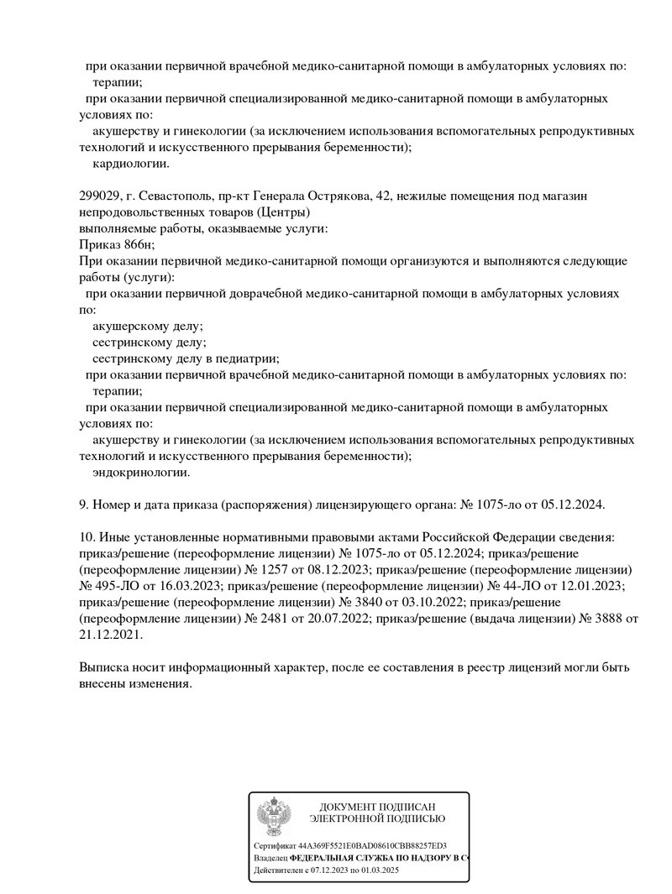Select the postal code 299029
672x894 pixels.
[98, 196]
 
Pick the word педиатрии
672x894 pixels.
[244, 358]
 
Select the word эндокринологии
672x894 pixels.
[141, 473]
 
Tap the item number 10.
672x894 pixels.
[85, 537]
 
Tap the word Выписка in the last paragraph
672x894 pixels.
[104, 668]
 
